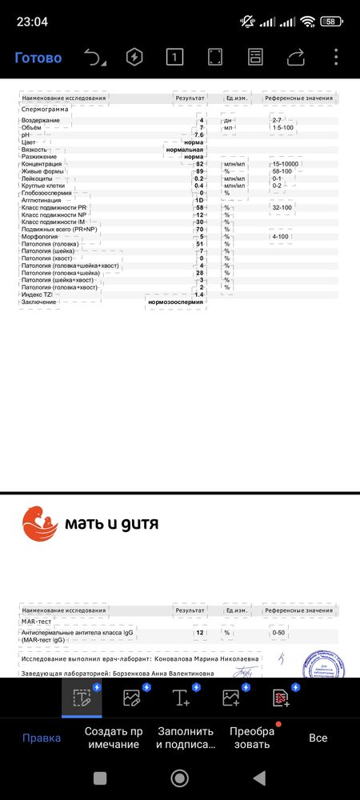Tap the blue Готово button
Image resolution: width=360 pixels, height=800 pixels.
click(x=38, y=58)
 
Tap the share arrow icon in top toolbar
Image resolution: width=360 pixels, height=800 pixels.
click(x=296, y=57)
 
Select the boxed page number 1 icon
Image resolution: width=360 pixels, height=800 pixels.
click(x=174, y=57)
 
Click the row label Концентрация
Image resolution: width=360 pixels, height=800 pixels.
click(x=45, y=164)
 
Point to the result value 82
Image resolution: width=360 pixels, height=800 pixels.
click(x=199, y=164)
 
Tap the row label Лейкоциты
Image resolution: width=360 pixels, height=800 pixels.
click(x=40, y=178)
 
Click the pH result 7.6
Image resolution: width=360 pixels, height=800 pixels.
click(x=198, y=134)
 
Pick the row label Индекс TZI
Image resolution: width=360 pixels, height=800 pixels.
click(x=40, y=294)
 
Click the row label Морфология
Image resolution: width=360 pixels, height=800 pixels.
click(x=42, y=237)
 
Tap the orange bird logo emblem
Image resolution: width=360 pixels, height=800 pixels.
click(x=40, y=522)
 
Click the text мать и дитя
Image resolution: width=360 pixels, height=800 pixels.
click(x=113, y=524)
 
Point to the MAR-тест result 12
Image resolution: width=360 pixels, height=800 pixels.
click(x=199, y=633)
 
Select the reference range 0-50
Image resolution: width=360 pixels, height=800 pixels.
click(x=279, y=633)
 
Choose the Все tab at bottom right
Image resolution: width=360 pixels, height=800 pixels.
click(x=318, y=738)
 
